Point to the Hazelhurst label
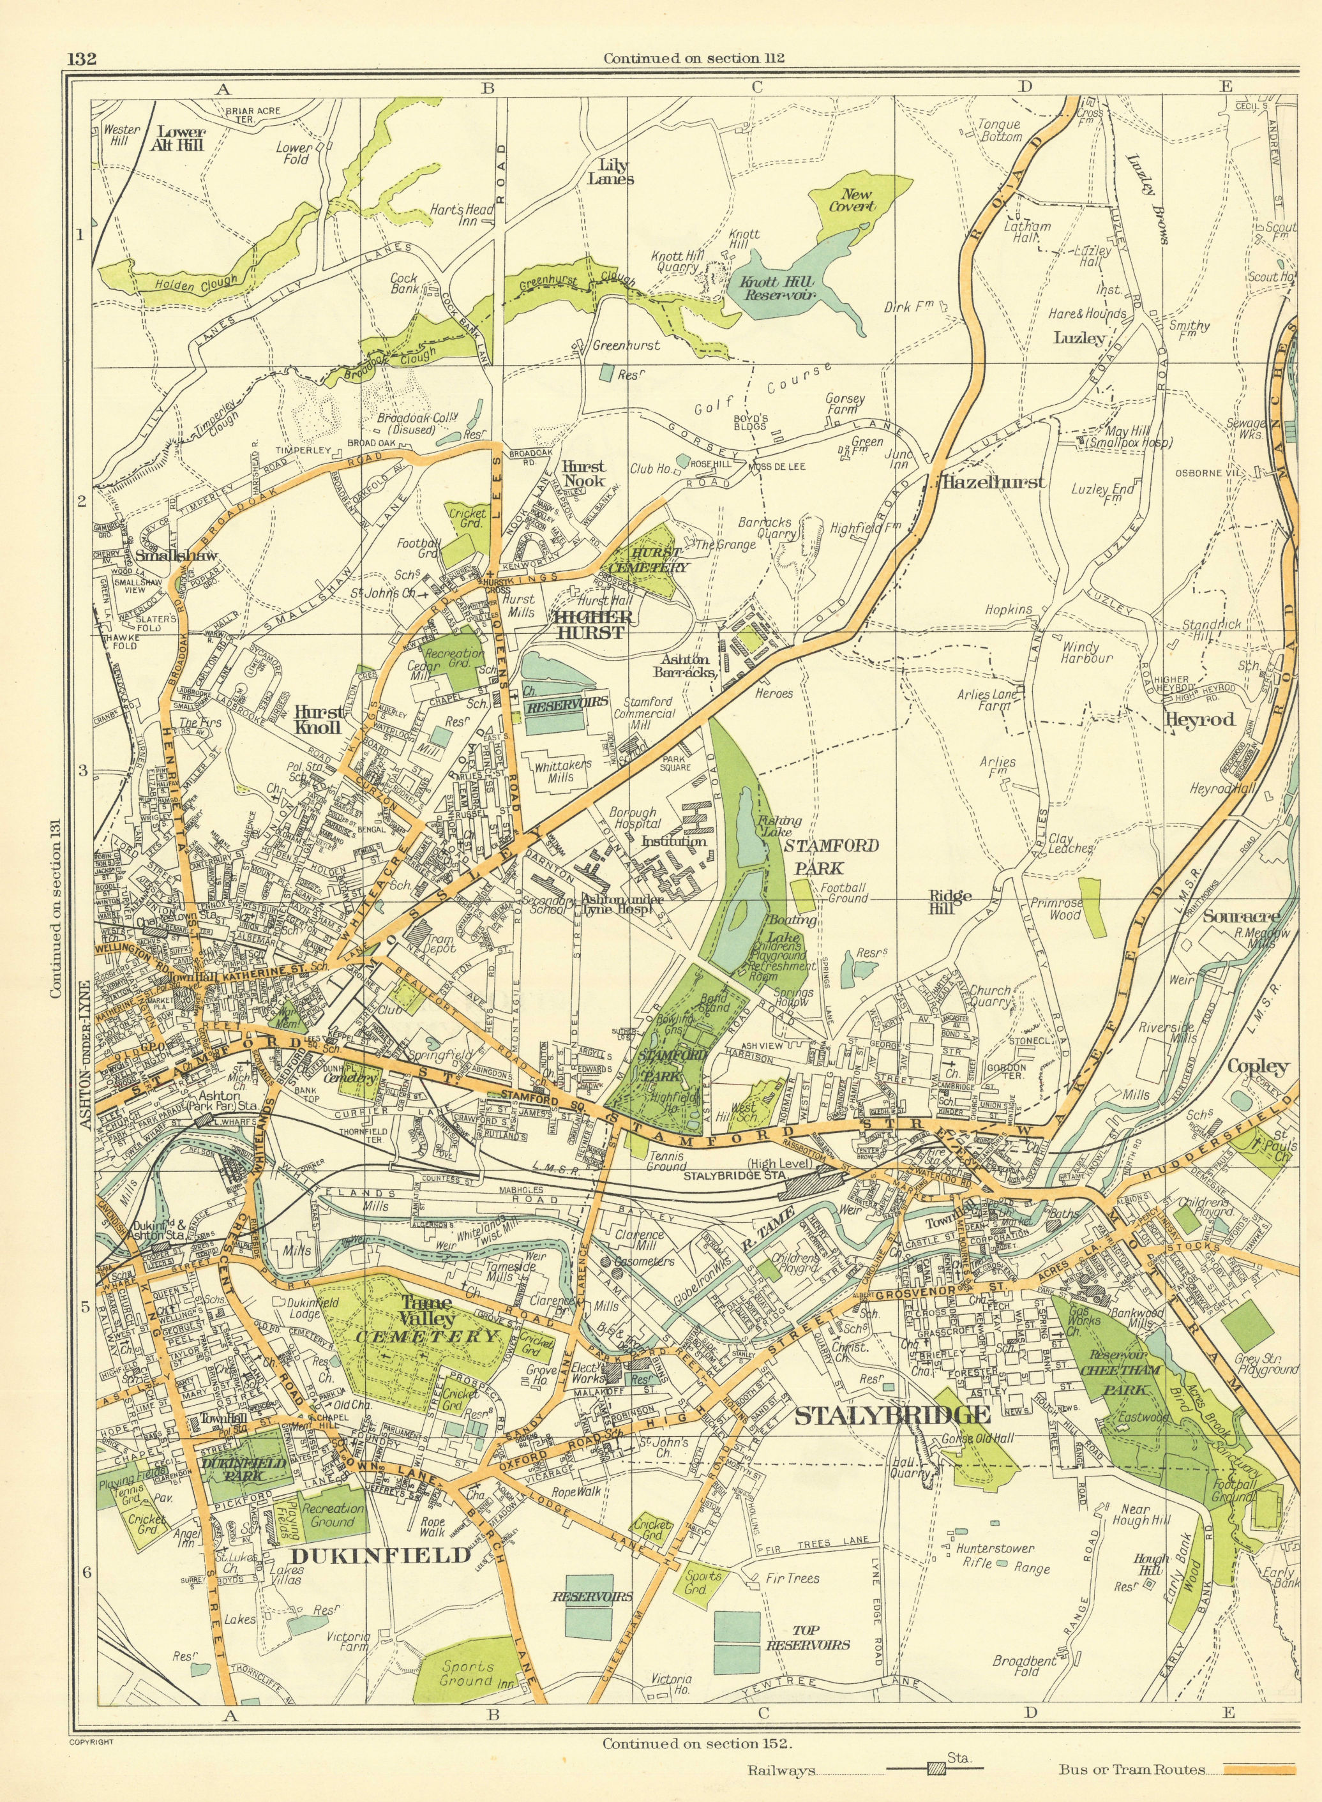[994, 482]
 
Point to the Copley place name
[1258, 1066]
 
